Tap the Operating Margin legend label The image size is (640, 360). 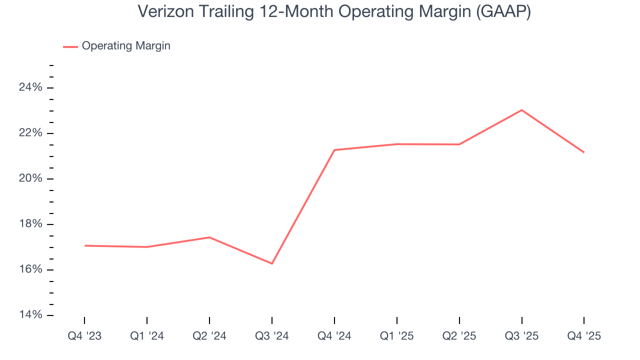[x=126, y=46]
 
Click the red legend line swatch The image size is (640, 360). [x=70, y=46]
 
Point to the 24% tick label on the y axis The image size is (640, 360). [x=30, y=87]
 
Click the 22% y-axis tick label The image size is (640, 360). [x=30, y=133]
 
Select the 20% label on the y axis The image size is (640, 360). [x=30, y=178]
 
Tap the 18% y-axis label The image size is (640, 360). [x=30, y=224]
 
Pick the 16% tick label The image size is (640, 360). [x=30, y=269]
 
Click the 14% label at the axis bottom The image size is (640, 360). [x=30, y=315]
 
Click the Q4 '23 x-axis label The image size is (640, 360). [x=84, y=336]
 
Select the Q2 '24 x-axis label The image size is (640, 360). [x=209, y=336]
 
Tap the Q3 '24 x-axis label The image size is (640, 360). [x=272, y=336]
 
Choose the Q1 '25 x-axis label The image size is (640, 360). [x=397, y=336]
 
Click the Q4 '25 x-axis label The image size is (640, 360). [x=584, y=336]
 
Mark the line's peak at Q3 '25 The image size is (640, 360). [x=521, y=110]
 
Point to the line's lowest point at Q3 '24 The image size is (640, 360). [x=272, y=263]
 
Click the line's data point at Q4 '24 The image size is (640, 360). [x=334, y=150]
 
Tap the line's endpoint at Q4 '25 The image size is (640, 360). [x=584, y=152]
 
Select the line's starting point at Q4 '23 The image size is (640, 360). [x=84, y=245]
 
